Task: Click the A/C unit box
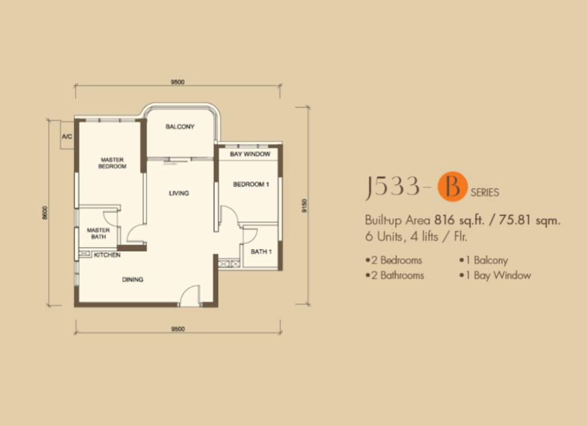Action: click(x=68, y=135)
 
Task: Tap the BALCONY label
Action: click(x=180, y=127)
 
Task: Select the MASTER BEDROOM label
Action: click(x=112, y=163)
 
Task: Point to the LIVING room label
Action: click(x=179, y=193)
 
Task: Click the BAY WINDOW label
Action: click(x=250, y=154)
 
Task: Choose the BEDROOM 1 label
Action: click(x=251, y=184)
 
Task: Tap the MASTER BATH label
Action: click(x=99, y=233)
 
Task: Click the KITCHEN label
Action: click(x=107, y=255)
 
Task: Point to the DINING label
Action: click(x=132, y=280)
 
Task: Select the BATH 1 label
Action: click(x=261, y=252)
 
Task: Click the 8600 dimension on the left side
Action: click(x=45, y=213)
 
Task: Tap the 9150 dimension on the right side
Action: click(x=304, y=206)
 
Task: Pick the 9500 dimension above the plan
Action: click(x=178, y=82)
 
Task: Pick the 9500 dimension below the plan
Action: click(x=178, y=329)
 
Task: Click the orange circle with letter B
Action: click(x=453, y=186)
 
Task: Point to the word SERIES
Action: click(x=485, y=193)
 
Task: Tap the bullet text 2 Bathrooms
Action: click(x=394, y=276)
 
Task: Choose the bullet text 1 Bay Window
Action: click(x=495, y=276)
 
